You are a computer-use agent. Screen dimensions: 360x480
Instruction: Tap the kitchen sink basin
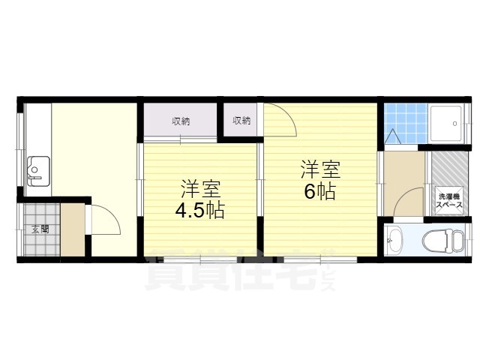click(37, 172)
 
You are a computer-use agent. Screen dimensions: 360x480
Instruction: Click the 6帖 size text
click(319, 191)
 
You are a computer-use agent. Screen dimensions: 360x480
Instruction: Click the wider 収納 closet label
click(180, 120)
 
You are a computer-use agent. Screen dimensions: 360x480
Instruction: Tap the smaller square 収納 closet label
click(241, 120)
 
